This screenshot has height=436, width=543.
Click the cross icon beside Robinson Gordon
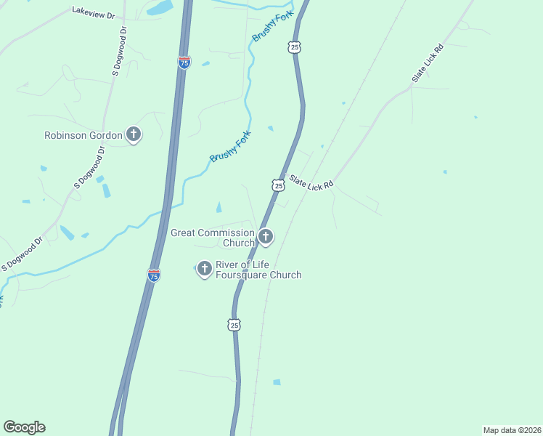click(133, 134)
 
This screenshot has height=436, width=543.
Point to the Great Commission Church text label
click(212, 238)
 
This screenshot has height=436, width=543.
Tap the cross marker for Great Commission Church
click(266, 236)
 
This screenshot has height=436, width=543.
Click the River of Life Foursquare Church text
click(258, 270)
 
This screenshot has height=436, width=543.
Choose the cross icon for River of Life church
click(204, 269)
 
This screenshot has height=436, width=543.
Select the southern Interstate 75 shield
click(153, 275)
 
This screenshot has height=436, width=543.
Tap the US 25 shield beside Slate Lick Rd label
click(278, 185)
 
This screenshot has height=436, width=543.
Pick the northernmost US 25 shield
click(293, 47)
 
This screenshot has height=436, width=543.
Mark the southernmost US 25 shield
click(234, 325)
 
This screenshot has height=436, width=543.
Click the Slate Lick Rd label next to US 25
click(311, 182)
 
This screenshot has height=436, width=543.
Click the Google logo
click(24, 427)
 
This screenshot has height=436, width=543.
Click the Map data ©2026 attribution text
click(512, 429)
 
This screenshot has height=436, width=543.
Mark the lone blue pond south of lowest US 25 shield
click(277, 381)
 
